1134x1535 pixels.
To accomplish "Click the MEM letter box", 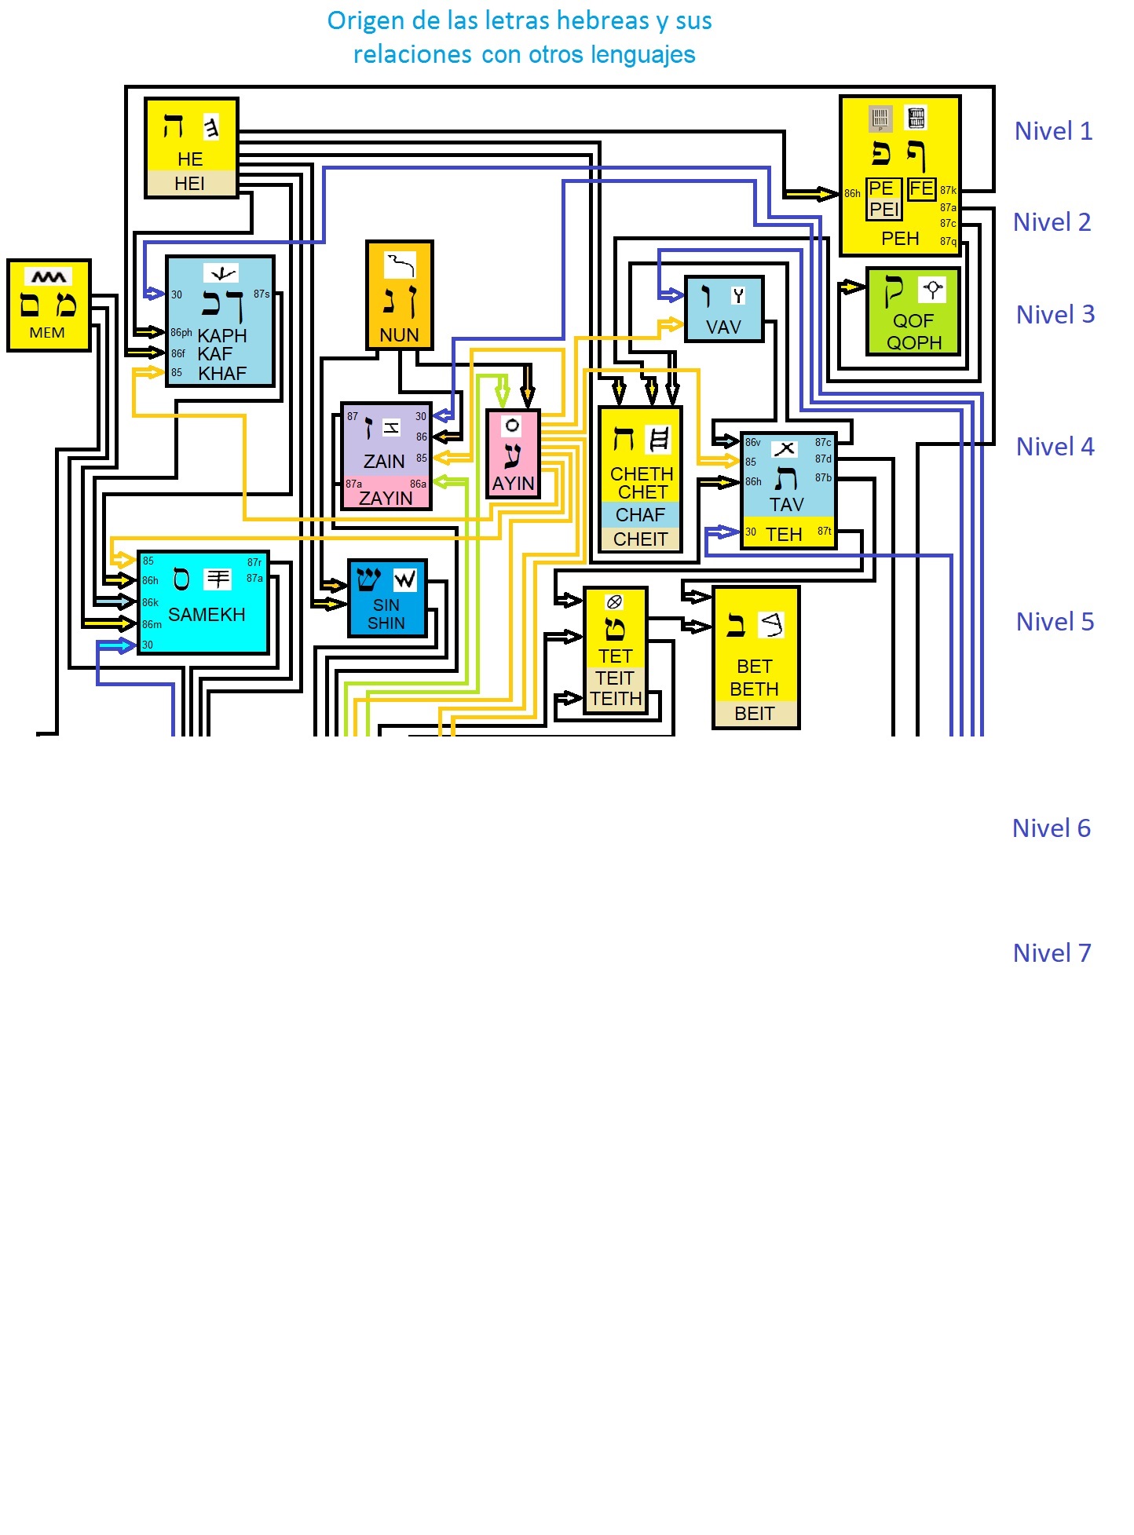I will (49, 305).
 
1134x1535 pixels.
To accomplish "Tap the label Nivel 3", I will (1055, 315).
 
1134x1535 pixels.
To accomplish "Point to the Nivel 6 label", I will (1051, 828).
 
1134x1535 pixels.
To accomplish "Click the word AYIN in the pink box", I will (513, 484).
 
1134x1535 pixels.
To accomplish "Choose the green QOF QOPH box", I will (913, 312).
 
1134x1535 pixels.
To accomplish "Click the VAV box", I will (723, 309).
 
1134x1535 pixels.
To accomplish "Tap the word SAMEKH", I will (207, 615).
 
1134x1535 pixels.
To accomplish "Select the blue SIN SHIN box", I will (387, 598).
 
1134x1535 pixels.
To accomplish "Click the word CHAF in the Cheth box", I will (640, 515).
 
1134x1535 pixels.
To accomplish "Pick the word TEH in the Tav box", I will (784, 535).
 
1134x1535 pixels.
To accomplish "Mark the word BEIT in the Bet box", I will (754, 714).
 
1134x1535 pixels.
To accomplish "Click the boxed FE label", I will (921, 189).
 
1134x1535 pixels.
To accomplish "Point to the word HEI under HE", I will (190, 184).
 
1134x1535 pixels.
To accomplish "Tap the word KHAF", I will (222, 374).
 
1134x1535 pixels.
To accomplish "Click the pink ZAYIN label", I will (386, 498).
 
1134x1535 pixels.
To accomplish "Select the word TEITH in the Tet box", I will (616, 699).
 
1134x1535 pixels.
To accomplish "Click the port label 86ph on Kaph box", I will (181, 333).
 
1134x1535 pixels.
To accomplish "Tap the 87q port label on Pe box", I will (948, 242).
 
